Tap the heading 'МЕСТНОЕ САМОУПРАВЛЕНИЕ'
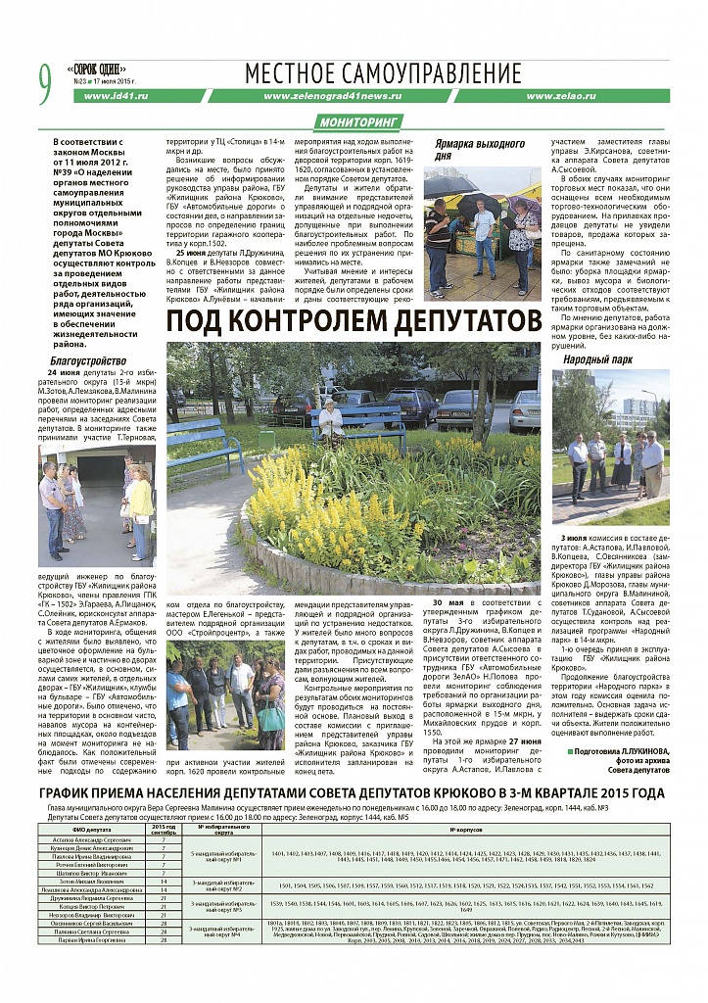pos(383,73)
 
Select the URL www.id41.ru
pos(116,97)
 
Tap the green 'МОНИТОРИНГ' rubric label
pos(361,122)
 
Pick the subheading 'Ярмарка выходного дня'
pos(472,149)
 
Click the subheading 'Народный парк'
pos(590,359)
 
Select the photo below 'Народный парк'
pos(610,447)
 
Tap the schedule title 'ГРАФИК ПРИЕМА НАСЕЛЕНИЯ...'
pos(354,793)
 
